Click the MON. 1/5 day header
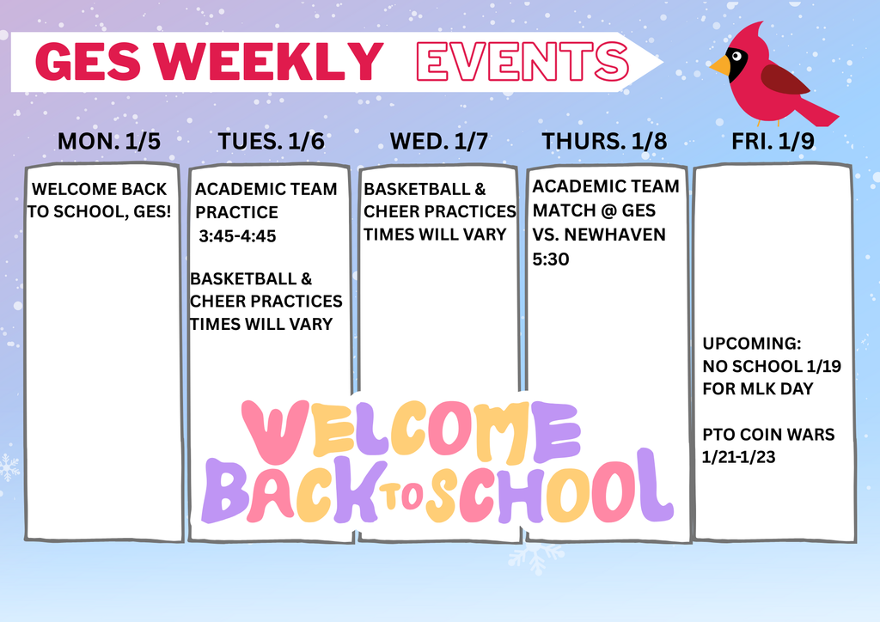108,142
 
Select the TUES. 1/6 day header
271,142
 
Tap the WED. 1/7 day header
438,142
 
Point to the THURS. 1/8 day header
604,142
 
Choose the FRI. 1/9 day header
773,142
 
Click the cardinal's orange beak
719,65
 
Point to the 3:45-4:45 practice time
237,236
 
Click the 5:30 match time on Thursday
551,259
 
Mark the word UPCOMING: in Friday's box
752,344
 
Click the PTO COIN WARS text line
768,435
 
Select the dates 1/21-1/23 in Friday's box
739,458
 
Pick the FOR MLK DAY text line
757,389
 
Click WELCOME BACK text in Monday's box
99,189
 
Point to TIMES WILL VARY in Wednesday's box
435,235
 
